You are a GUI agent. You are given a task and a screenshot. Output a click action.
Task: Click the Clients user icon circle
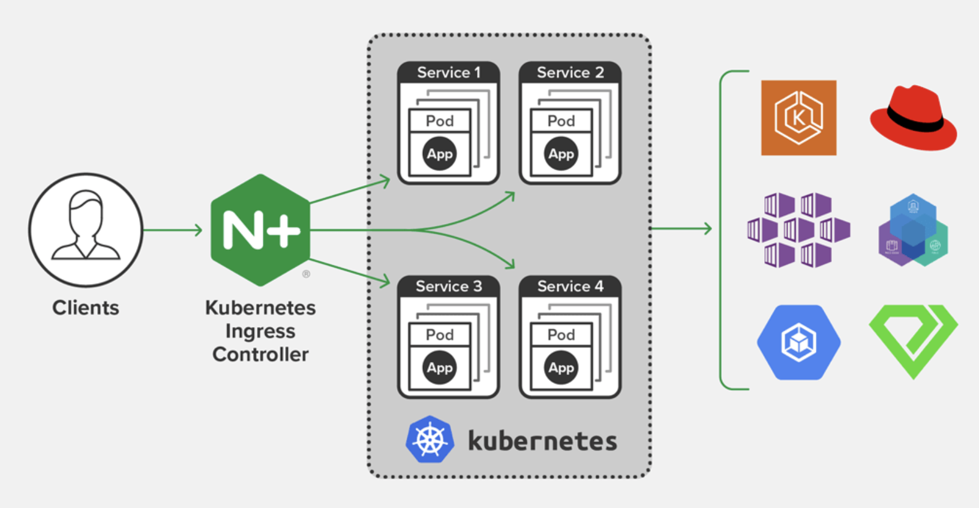point(86,230)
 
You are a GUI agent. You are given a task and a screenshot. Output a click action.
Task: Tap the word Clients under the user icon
point(86,308)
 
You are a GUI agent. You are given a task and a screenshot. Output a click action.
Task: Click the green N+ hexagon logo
point(260,230)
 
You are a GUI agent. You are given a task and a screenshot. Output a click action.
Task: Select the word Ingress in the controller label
point(260,331)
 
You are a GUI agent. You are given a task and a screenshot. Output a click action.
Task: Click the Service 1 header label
point(449,72)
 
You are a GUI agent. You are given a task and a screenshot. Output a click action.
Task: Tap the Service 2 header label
point(570,72)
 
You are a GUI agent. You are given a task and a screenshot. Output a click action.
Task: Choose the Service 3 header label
point(449,286)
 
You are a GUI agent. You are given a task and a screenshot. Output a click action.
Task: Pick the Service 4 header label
point(570,286)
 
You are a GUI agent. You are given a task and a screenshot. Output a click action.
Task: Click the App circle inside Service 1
point(440,154)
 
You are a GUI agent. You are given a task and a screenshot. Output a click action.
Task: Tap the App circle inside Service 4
point(561,368)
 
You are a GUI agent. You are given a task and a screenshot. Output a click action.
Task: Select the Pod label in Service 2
point(561,121)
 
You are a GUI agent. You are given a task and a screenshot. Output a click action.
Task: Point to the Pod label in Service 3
point(440,335)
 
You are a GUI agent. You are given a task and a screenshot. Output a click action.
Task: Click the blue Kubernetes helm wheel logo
point(430,440)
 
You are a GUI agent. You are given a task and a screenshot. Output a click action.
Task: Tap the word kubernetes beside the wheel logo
point(542,442)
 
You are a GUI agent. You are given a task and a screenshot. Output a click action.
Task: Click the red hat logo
point(913,118)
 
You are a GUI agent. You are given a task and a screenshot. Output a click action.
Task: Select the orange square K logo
point(798,118)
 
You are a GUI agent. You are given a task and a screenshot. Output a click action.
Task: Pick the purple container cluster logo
point(798,230)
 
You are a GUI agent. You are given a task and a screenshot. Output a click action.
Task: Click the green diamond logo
point(913,340)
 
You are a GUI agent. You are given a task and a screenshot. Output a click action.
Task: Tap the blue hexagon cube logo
point(798,342)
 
